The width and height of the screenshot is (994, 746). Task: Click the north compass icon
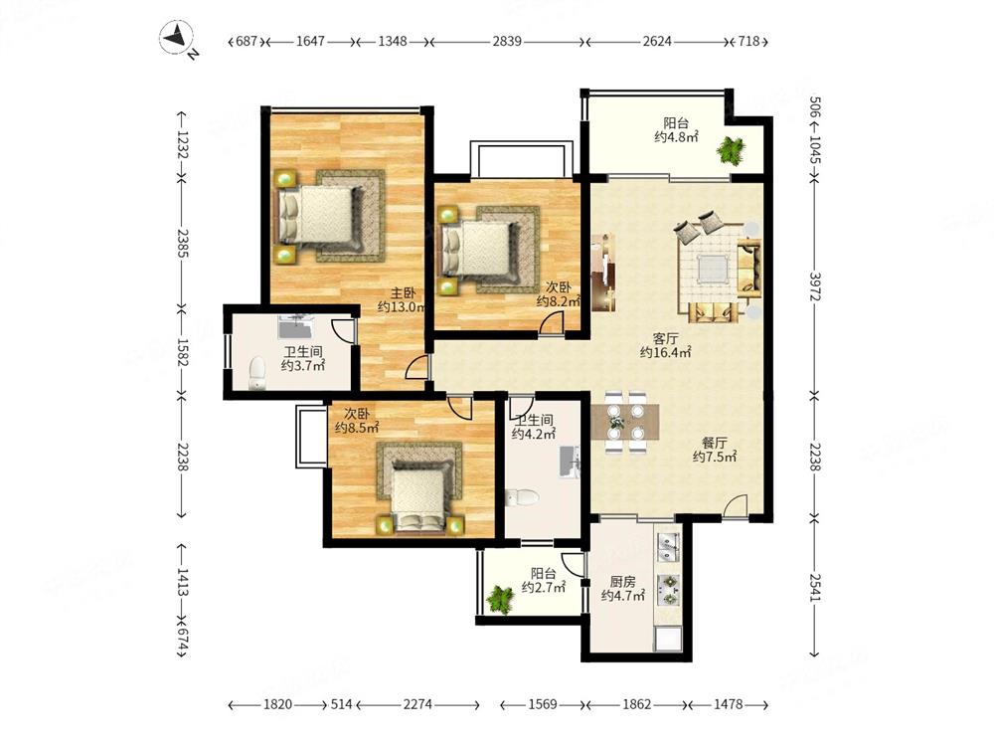177,38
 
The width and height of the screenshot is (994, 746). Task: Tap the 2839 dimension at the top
507,41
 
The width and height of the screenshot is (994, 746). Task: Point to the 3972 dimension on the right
815,286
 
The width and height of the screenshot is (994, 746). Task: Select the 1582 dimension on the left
182,352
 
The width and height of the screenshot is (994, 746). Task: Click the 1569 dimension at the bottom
543,704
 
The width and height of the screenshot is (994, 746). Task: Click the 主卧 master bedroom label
403,292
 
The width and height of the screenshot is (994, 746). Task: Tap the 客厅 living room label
666,338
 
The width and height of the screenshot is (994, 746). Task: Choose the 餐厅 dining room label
714,443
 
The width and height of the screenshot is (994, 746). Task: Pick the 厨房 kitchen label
622,581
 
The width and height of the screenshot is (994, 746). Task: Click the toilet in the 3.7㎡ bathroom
256,373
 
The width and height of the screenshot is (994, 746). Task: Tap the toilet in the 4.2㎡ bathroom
523,497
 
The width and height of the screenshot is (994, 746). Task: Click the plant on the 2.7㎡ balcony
500,599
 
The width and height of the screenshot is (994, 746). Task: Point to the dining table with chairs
625,423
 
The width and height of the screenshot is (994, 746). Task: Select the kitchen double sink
668,547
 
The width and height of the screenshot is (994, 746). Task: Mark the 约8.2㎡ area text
559,301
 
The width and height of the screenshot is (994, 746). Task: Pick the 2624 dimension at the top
657,41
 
